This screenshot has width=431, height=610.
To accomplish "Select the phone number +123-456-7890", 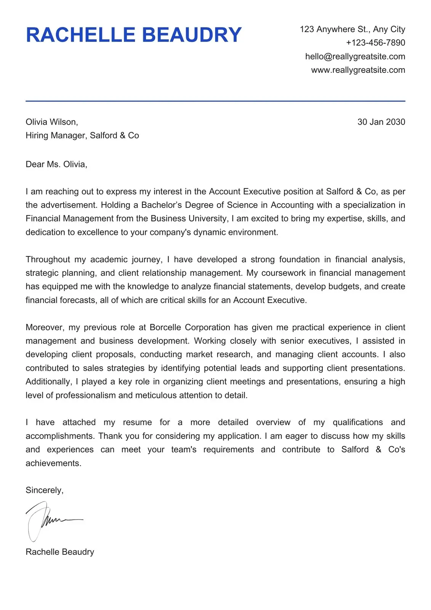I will (x=375, y=43).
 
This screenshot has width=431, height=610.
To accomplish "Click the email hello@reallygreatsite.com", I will (x=355, y=56).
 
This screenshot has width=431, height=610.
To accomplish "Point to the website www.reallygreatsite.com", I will (x=358, y=70).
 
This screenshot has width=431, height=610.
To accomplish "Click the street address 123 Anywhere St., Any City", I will (x=352, y=29).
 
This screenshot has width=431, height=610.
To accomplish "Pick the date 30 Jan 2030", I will (x=381, y=122).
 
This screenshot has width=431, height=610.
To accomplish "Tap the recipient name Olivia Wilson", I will (x=51, y=122).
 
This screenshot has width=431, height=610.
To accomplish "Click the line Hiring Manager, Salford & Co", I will (x=82, y=136).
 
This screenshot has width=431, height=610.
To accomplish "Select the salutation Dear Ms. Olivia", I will (x=56, y=164).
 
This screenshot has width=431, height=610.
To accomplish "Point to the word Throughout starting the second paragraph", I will (x=48, y=260).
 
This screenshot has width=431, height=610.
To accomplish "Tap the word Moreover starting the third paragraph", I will (x=45, y=327).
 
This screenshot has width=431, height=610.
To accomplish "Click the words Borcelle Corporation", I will (x=189, y=327).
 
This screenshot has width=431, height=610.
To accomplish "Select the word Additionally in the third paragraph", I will (x=48, y=382).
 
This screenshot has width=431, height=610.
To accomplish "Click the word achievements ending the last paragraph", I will (x=53, y=463).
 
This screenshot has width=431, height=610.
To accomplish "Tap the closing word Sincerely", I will (x=44, y=490).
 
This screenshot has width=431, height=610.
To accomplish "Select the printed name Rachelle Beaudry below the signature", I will (x=59, y=552).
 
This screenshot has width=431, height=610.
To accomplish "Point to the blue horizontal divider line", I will (x=215, y=101).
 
